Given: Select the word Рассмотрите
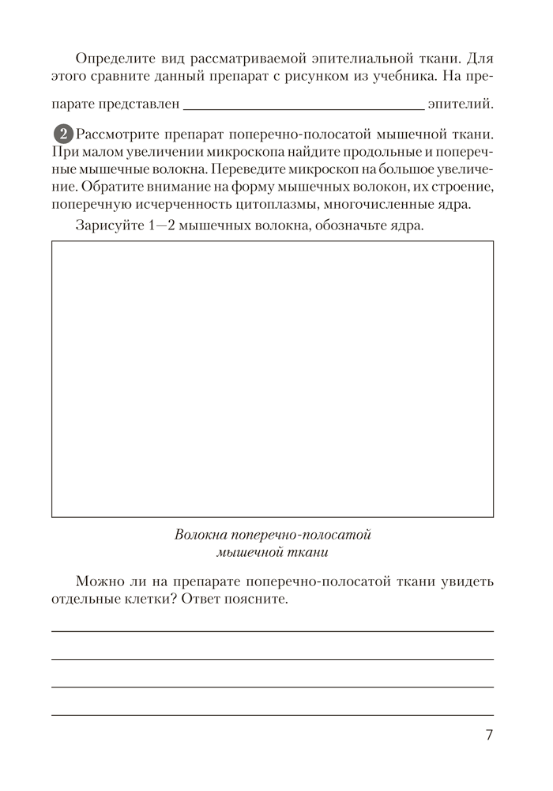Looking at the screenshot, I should [x=114, y=133].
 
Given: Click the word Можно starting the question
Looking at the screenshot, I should [x=98, y=582].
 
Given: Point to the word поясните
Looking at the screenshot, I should [x=253, y=600].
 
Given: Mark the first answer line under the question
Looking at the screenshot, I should [x=273, y=630].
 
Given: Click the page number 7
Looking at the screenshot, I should [x=489, y=735].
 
